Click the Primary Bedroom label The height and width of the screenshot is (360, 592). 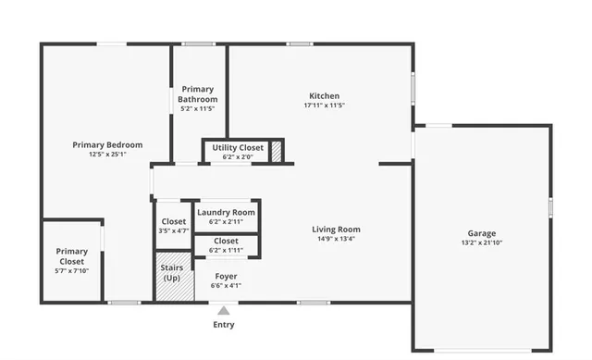click(x=107, y=144)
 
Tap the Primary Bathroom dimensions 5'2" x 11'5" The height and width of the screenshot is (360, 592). click(x=198, y=109)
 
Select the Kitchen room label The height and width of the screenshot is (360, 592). click(x=323, y=96)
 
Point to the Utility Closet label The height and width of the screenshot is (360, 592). click(x=237, y=148)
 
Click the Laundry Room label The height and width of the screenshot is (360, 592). click(x=226, y=213)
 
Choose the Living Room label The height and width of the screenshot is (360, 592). click(x=336, y=230)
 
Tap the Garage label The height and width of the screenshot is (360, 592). click(x=481, y=233)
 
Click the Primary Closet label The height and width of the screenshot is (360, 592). click(x=71, y=256)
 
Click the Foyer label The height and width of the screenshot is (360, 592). click(x=227, y=276)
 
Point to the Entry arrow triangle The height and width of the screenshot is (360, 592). click(x=224, y=311)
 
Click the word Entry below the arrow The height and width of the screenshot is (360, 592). click(x=224, y=325)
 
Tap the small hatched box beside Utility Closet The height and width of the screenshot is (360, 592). click(x=275, y=152)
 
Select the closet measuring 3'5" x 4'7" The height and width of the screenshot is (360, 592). click(x=173, y=226)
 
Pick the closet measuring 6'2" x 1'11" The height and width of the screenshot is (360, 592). click(x=226, y=245)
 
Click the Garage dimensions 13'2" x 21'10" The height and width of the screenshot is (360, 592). click(x=481, y=242)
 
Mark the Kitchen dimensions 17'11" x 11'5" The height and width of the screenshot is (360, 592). click(x=323, y=106)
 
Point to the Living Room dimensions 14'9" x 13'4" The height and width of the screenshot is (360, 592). click(x=336, y=239)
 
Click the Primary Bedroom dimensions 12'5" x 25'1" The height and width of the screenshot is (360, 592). click(x=107, y=155)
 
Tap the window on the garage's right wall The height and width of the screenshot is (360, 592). click(x=549, y=206)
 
